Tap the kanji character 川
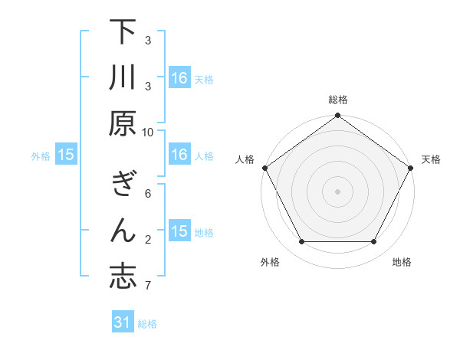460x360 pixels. (123, 79)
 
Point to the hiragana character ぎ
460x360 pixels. (123, 186)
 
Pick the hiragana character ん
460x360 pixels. (123, 231)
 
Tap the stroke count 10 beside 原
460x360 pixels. (148, 132)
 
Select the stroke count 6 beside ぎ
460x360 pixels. (148, 193)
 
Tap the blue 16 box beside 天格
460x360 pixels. (179, 78)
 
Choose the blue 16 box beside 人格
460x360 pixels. (179, 155)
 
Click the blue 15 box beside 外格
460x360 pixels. (66, 155)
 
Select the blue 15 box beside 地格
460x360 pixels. (179, 232)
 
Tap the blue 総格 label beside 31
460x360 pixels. (147, 324)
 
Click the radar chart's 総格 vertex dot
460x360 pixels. (337, 116)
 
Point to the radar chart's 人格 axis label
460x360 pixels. (246, 159)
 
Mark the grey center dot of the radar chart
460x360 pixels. (337, 191)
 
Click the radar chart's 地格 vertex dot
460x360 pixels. (374, 242)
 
